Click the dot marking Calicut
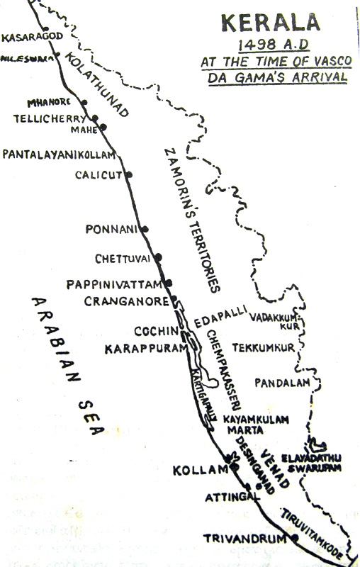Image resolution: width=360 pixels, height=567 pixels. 128,174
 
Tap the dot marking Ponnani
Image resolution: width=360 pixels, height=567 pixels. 145,229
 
